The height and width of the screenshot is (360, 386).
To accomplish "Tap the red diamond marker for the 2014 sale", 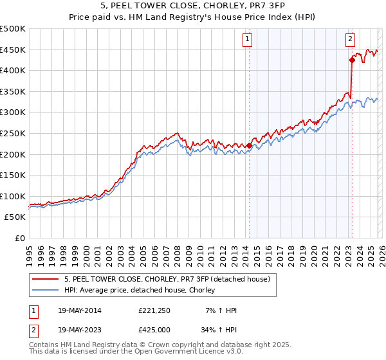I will tap(249, 145).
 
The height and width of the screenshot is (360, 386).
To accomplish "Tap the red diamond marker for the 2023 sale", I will tap(352, 60).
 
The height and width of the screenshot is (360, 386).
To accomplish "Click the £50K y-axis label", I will tap(15, 217).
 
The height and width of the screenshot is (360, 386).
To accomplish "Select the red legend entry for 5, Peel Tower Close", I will tap(170, 279).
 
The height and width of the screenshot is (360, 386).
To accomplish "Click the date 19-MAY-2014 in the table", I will tap(73, 310).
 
